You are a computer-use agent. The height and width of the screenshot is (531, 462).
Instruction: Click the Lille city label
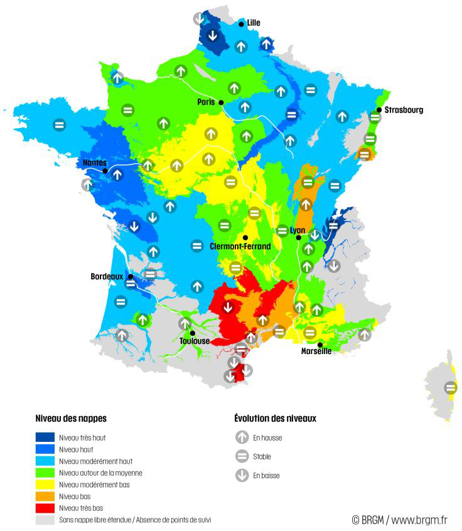[x=254, y=23]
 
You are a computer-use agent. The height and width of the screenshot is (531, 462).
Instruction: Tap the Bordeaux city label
[x=107, y=276]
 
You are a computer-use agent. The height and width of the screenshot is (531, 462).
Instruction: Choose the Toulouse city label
[x=194, y=341]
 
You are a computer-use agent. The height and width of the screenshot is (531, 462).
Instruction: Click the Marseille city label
[x=316, y=351]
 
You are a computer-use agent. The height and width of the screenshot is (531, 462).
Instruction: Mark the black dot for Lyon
[x=299, y=238]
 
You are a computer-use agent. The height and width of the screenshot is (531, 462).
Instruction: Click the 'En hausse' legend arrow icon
[x=242, y=437]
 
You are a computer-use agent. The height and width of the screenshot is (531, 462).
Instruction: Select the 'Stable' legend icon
[x=242, y=456]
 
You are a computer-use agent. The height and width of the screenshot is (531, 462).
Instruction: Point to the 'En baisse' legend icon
[x=242, y=475]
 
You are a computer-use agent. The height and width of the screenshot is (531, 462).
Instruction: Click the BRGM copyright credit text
[x=399, y=520]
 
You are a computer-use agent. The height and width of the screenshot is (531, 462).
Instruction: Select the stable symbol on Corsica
[x=450, y=387]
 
